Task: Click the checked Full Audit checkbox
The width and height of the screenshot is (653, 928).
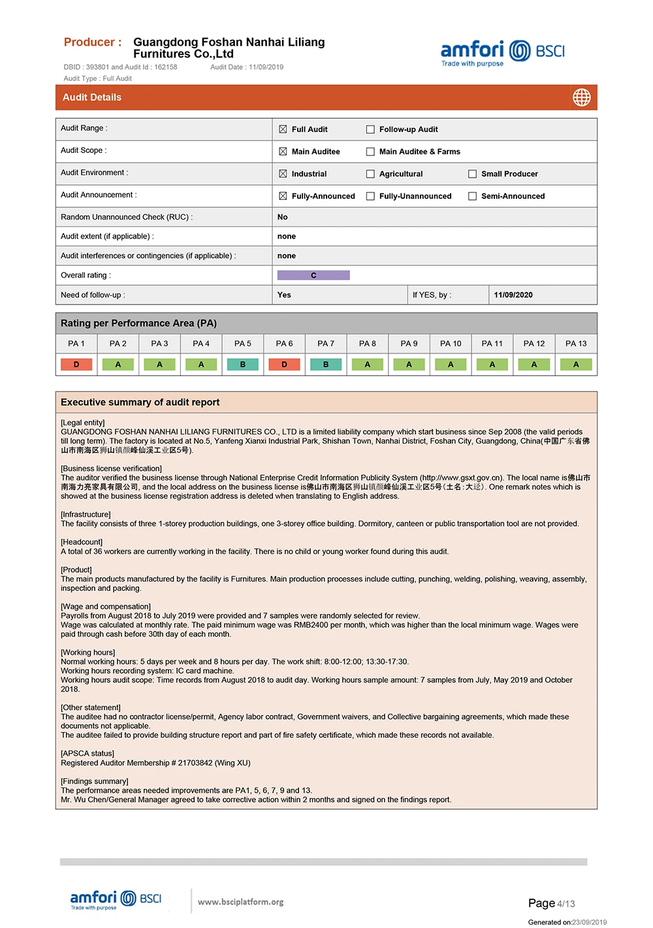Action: pyautogui.click(x=283, y=129)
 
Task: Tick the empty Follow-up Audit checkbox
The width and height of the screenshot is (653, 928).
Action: pyautogui.click(x=370, y=129)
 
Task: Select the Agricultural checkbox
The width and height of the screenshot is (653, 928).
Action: pyautogui.click(x=370, y=174)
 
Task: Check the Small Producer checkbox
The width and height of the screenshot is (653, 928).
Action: pyautogui.click(x=472, y=174)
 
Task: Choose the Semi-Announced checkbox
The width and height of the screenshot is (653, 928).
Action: pyautogui.click(x=472, y=196)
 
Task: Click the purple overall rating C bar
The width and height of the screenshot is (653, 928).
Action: pyautogui.click(x=313, y=275)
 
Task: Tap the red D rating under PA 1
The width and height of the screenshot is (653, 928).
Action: pyautogui.click(x=76, y=365)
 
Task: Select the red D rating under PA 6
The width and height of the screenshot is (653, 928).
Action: pyautogui.click(x=284, y=365)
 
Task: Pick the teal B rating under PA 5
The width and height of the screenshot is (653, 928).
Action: pyautogui.click(x=243, y=365)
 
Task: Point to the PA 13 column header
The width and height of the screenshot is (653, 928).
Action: pyautogui.click(x=576, y=343)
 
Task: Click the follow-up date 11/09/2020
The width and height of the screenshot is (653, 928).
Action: pyautogui.click(x=513, y=295)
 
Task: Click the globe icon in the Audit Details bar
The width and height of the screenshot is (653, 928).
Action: pyautogui.click(x=581, y=97)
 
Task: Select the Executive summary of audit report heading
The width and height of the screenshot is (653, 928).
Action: pyautogui.click(x=140, y=403)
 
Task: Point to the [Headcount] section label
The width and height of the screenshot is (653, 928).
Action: pyautogui.click(x=82, y=542)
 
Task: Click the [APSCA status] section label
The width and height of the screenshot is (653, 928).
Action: pyautogui.click(x=88, y=754)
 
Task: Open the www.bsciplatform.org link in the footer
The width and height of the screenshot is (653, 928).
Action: pyautogui.click(x=240, y=902)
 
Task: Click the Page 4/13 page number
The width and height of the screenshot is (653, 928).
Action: pyautogui.click(x=551, y=903)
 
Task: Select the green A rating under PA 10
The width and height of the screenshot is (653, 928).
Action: pyautogui.click(x=451, y=365)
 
